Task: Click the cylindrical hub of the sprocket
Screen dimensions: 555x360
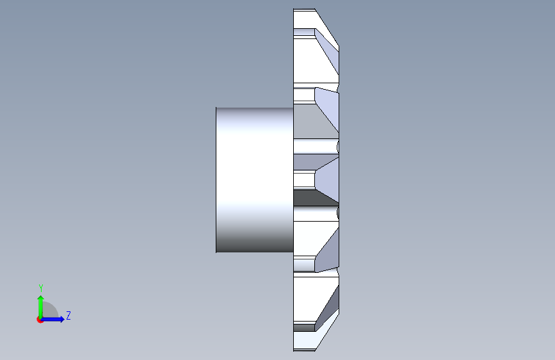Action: click(255, 180)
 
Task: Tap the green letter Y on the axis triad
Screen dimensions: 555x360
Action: click(41, 288)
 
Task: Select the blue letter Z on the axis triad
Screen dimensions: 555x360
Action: click(68, 315)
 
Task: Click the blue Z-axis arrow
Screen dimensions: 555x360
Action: click(53, 319)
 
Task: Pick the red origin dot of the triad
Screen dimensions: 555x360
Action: click(40, 320)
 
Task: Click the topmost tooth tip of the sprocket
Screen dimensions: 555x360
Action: click(305, 10)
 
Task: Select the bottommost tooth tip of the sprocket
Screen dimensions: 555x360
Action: click(305, 350)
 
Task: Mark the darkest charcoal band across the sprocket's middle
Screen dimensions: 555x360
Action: click(312, 199)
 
